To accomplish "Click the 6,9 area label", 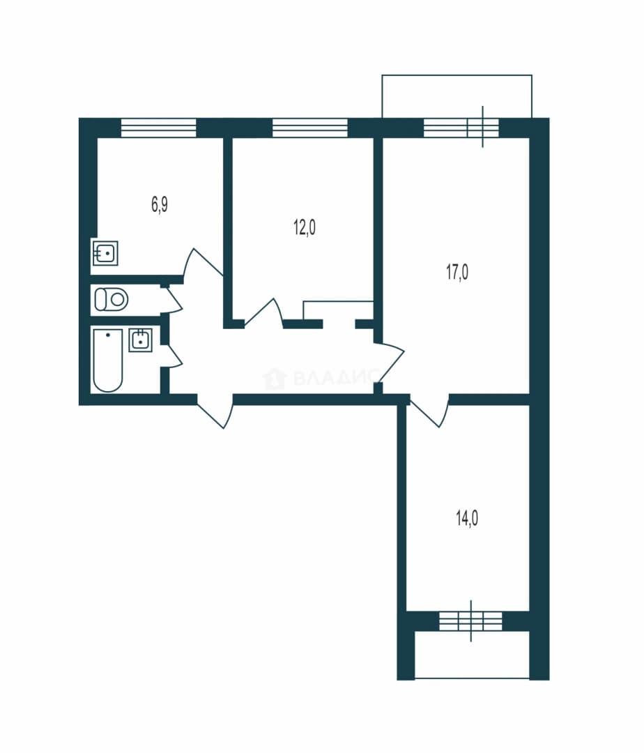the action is (x=160, y=205).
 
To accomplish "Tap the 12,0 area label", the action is (x=305, y=227).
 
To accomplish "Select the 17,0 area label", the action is (x=457, y=273).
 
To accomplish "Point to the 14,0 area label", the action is (x=467, y=519).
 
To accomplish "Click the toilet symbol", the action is (x=112, y=299).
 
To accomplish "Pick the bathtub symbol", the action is (x=108, y=360).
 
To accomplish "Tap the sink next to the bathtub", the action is (x=141, y=340).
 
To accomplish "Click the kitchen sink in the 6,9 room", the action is (x=105, y=252).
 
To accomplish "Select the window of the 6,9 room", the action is (x=159, y=128).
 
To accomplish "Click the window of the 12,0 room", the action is (x=310, y=128).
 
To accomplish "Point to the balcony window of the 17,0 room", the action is (x=461, y=128).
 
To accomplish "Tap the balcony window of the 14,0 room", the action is (x=470, y=621).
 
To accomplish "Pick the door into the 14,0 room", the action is (x=429, y=411).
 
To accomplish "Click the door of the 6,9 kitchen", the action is (x=201, y=265).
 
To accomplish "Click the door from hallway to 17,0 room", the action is (x=390, y=363).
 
